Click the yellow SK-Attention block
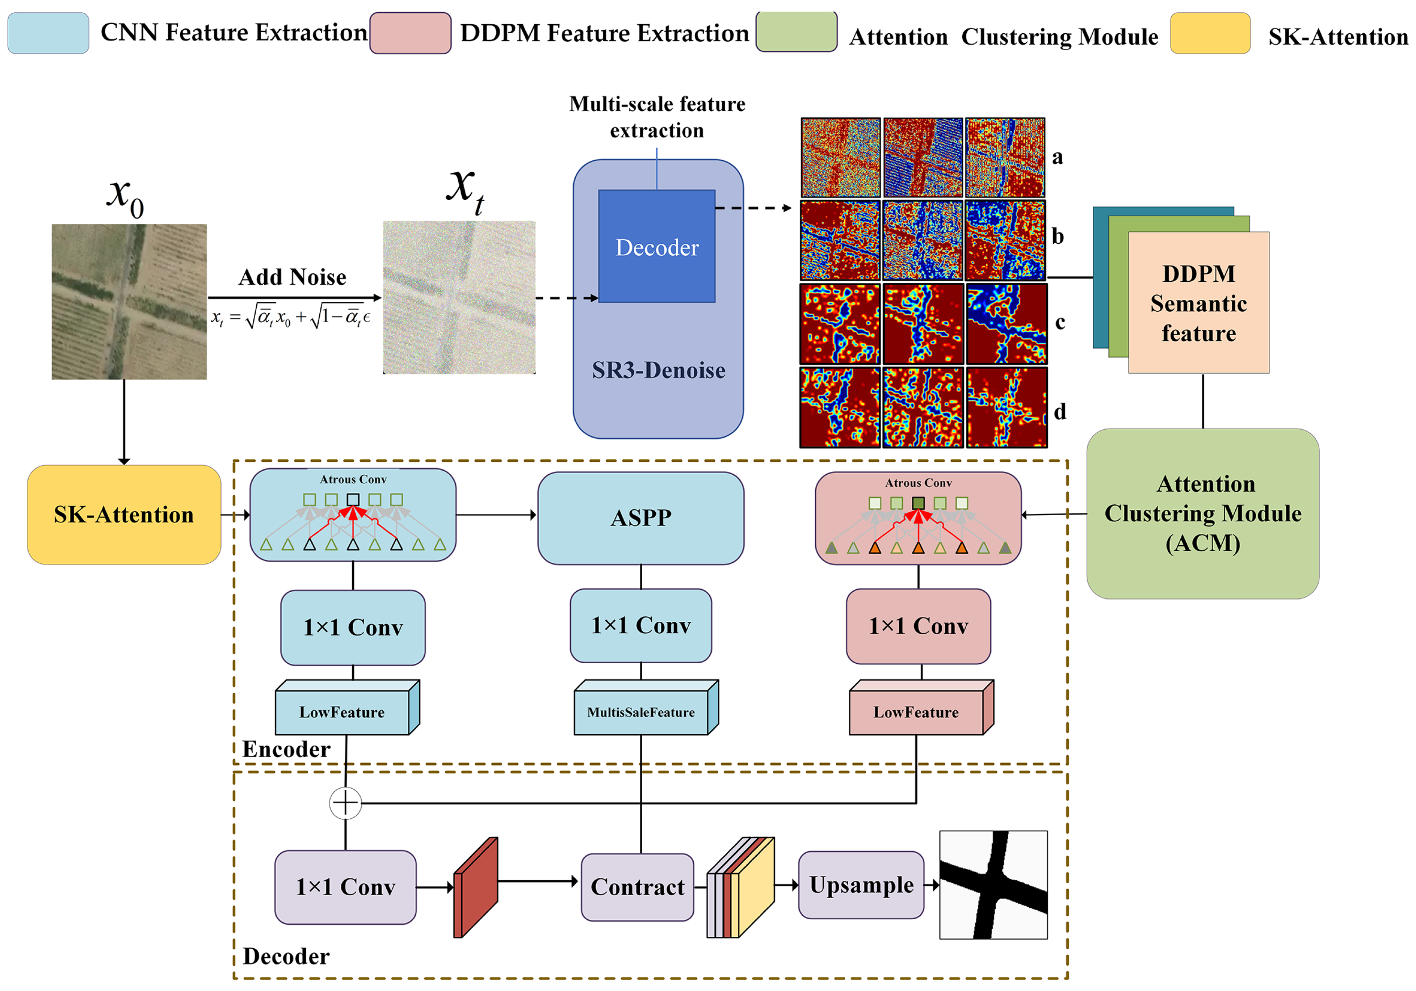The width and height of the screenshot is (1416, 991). point(123,514)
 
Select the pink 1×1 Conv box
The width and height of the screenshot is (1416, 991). point(918,626)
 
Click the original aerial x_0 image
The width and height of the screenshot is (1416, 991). point(129,302)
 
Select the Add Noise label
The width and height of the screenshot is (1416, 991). point(292,277)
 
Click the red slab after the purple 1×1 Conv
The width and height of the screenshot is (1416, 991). point(475,888)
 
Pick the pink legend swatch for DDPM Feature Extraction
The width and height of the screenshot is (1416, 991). point(410,33)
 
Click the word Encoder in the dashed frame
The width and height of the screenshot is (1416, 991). point(286,749)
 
